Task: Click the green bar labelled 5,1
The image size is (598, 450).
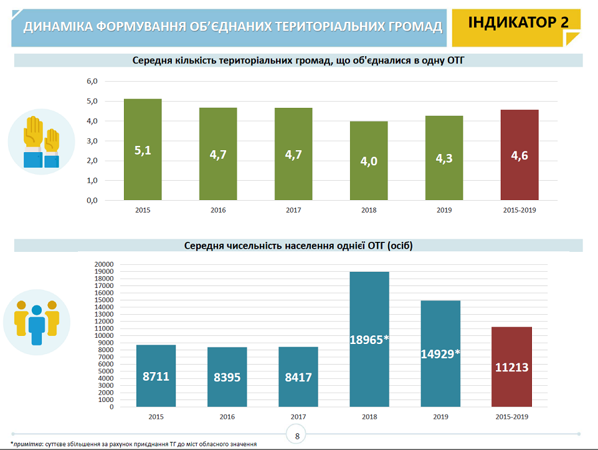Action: [x=143, y=150]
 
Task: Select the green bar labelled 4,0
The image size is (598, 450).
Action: [x=369, y=161]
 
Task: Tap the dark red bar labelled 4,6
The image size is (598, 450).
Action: [x=520, y=155]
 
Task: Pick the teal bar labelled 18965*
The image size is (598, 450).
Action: [x=369, y=339]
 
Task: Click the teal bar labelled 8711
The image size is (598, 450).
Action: [x=156, y=376]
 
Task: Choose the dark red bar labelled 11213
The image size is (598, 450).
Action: [x=511, y=366]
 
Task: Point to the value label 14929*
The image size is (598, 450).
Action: [x=440, y=353]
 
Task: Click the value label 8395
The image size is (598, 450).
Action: [x=227, y=378]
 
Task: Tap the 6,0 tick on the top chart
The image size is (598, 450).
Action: [x=93, y=81]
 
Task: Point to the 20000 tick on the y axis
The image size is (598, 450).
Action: [x=103, y=264]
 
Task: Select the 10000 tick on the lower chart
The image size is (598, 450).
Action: [x=103, y=335]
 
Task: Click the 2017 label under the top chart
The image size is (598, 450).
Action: [x=293, y=211]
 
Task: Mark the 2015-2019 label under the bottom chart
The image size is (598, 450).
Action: [x=511, y=417]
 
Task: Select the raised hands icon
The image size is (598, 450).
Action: [x=41, y=141]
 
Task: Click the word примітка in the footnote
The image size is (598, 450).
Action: [x=27, y=444]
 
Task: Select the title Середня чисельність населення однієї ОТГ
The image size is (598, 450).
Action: [x=298, y=246]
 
